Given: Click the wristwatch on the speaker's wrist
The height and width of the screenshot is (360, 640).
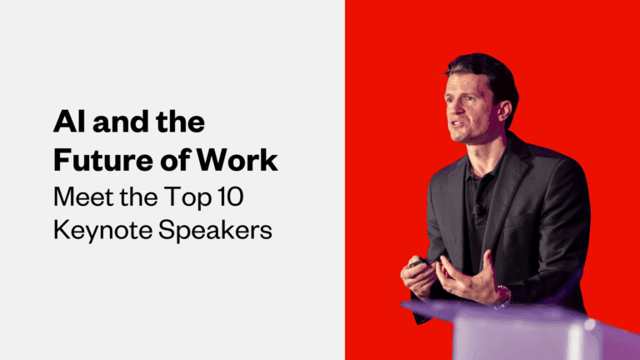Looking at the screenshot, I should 502,294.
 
